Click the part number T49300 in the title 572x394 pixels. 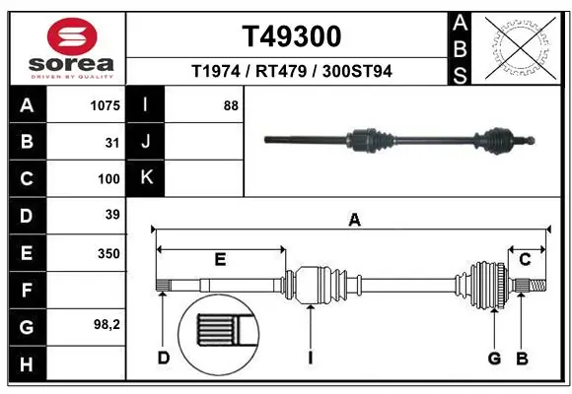(x=292, y=36)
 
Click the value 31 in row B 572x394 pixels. (x=112, y=142)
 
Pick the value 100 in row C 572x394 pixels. (x=108, y=179)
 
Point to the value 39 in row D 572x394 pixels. (x=112, y=215)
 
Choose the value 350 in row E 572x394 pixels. (x=108, y=253)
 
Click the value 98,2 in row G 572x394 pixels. (x=107, y=323)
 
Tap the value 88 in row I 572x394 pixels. (x=231, y=104)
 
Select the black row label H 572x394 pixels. (x=27, y=365)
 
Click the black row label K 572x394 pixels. (x=146, y=178)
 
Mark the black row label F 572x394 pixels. (x=27, y=291)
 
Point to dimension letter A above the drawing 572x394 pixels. (x=354, y=221)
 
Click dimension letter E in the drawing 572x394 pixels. (x=221, y=259)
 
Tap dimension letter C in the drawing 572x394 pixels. (x=526, y=259)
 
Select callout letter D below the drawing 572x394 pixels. (x=164, y=358)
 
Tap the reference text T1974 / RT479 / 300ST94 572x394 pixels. (x=292, y=71)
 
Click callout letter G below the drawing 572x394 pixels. (x=494, y=358)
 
